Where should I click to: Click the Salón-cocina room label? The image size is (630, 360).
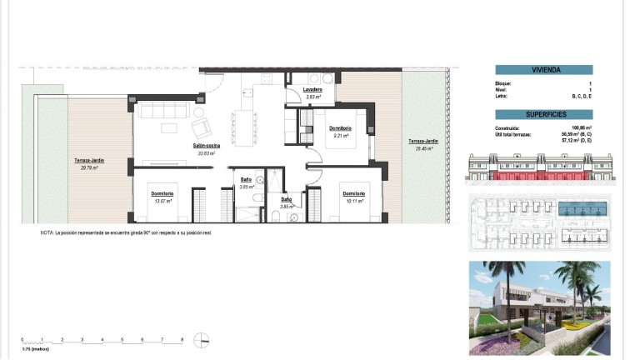[x=206, y=146]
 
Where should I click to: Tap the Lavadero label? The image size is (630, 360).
[x=312, y=89]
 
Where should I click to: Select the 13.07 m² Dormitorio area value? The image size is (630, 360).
[x=162, y=201]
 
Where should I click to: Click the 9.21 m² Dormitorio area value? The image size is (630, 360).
[x=340, y=135]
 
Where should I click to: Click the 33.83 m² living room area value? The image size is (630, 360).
[x=206, y=153]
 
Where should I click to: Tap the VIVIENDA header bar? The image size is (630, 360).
[x=548, y=70]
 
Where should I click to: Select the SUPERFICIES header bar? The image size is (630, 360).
[x=548, y=112]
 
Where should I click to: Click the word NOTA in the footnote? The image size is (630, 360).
[x=46, y=233]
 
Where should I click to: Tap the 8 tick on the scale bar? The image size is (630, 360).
[x=182, y=339]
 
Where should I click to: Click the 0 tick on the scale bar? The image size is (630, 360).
[x=22, y=339]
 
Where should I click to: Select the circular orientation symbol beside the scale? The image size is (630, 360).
[x=200, y=339]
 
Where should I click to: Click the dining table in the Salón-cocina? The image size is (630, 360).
[x=245, y=117]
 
